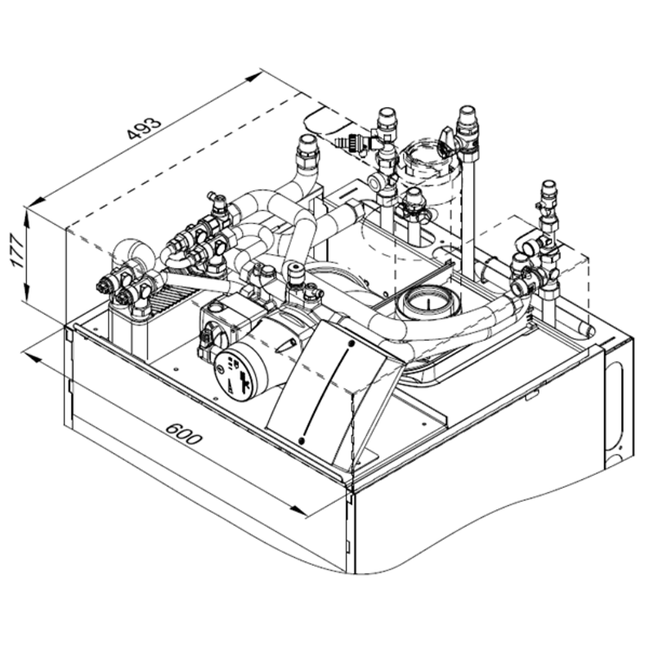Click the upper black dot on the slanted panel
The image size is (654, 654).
[350, 343]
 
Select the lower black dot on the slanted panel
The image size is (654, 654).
[302, 441]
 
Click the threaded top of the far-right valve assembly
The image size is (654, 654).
[548, 191]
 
